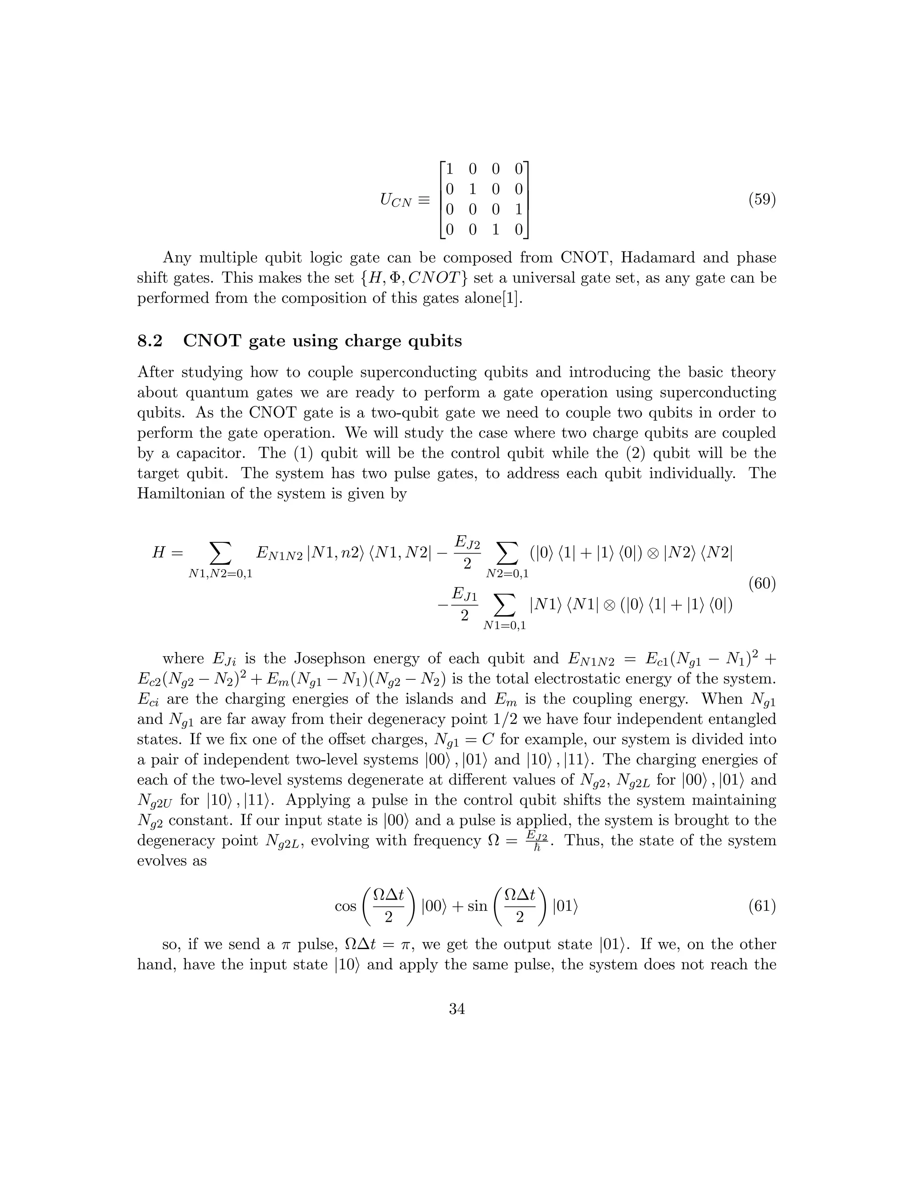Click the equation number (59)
point(762,200)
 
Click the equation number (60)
point(762,584)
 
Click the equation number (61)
point(762,905)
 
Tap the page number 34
point(457,1009)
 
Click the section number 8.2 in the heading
point(150,341)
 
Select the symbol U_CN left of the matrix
point(396,201)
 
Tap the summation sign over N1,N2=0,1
point(220,553)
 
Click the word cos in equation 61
point(345,906)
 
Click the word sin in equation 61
point(477,906)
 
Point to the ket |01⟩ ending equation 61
point(565,906)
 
